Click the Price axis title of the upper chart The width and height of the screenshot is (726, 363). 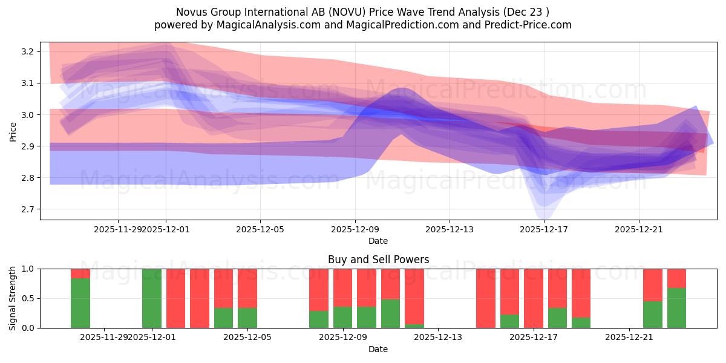[x=13, y=131]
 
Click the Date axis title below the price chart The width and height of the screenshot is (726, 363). [x=378, y=241]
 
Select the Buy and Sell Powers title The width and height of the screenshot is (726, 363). [x=378, y=260]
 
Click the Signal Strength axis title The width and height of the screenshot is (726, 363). [x=13, y=298]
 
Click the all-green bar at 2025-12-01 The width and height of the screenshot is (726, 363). [x=152, y=298]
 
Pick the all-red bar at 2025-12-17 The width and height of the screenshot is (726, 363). [x=534, y=298]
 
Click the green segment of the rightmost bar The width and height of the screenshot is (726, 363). [x=676, y=308]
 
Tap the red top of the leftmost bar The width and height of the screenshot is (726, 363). [x=80, y=273]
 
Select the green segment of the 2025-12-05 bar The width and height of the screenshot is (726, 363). [x=247, y=318]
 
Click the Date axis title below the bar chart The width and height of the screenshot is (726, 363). [x=378, y=349]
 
